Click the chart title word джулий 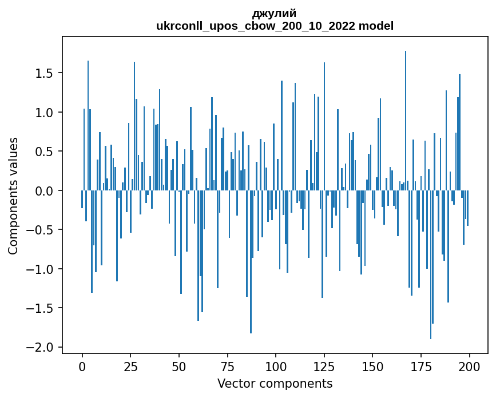(275, 14)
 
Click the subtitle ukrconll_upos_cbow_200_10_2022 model (275, 26)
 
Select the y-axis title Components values (13, 196)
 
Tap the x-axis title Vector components (275, 383)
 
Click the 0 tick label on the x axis (82, 366)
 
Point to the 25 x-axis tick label (130, 366)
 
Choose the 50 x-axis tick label (179, 366)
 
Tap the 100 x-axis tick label (276, 366)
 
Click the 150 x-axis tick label (372, 366)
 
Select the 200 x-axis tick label (469, 366)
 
